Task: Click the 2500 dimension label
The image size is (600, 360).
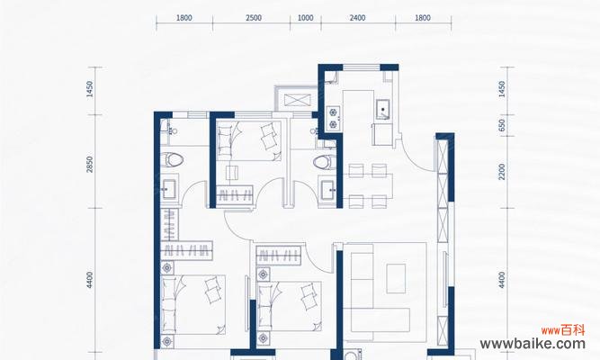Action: (x=254, y=18)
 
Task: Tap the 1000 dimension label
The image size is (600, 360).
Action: (x=305, y=18)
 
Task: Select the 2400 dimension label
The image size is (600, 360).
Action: (x=357, y=18)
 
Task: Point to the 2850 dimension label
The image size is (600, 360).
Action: (x=90, y=165)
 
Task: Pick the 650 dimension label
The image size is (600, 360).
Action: (x=502, y=126)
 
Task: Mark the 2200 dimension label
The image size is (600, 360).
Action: (x=502, y=172)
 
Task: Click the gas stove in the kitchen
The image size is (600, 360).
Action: (x=334, y=118)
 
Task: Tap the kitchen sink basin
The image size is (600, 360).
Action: (x=382, y=109)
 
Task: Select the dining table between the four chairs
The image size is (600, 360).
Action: (x=367, y=185)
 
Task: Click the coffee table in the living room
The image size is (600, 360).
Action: (x=396, y=278)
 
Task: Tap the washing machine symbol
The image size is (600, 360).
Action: (x=352, y=354)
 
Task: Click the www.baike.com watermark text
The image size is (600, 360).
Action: (x=533, y=344)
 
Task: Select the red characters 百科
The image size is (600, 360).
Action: (x=573, y=329)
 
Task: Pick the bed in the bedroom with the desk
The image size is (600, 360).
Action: (x=248, y=140)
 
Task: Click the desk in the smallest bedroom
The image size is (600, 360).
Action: (x=232, y=172)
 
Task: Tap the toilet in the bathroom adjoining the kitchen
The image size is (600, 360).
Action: (x=324, y=162)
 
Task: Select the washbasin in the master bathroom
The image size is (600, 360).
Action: (x=169, y=189)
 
